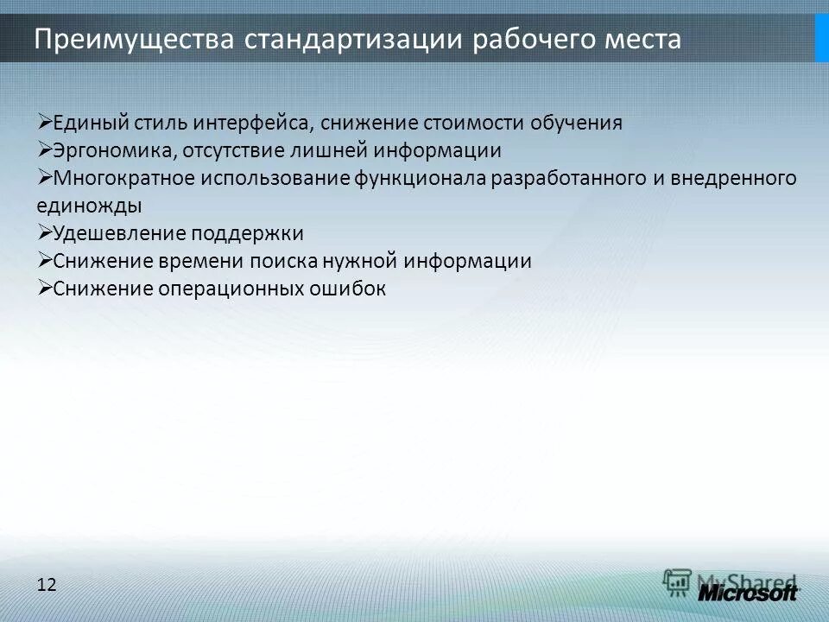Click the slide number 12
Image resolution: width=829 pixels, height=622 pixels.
click(x=47, y=585)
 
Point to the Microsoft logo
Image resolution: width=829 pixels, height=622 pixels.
click(x=748, y=593)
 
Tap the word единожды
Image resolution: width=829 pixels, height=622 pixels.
click(x=89, y=206)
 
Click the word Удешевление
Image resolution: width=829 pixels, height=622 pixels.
click(x=119, y=233)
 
